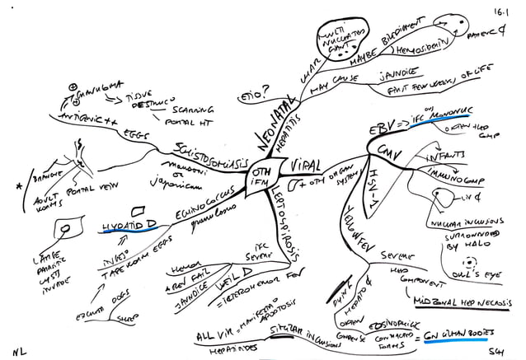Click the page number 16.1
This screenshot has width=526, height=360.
pyautogui.click(x=501, y=12)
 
